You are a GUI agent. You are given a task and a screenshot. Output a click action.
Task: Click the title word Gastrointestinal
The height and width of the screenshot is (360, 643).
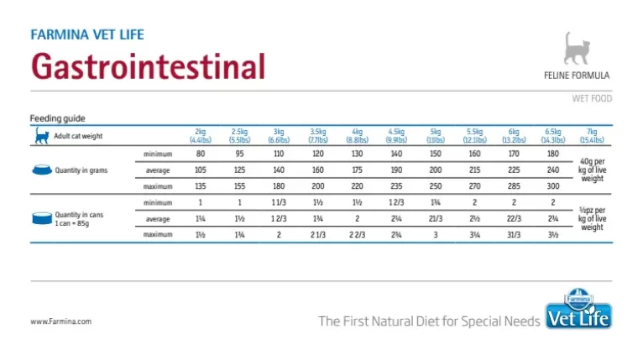(x=147, y=65)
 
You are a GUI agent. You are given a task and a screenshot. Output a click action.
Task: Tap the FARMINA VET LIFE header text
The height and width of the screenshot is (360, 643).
(x=86, y=35)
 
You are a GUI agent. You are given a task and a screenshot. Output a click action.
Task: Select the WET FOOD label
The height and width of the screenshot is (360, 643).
(x=592, y=99)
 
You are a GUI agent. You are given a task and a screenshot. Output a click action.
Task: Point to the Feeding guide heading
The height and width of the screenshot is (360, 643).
(x=57, y=118)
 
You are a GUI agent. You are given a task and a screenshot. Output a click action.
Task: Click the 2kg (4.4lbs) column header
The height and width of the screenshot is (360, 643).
(x=200, y=135)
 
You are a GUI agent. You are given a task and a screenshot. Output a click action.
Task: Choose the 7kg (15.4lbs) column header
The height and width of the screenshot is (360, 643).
(x=592, y=135)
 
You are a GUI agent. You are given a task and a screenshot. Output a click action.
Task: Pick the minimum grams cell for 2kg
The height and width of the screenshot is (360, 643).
(x=200, y=154)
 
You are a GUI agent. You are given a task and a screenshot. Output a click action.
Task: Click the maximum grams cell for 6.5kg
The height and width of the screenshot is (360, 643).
(x=553, y=186)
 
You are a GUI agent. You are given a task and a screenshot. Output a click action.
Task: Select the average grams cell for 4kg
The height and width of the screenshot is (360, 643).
(x=357, y=170)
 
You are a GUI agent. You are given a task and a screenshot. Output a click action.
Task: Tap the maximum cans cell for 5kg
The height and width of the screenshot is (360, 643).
(x=435, y=235)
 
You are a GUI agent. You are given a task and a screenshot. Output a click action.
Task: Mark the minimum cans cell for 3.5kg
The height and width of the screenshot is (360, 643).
(x=317, y=203)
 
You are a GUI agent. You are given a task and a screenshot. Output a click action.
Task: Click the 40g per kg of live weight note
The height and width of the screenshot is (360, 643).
(x=592, y=170)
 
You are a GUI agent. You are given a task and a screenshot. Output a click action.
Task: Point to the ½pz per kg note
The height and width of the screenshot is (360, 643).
(x=592, y=219)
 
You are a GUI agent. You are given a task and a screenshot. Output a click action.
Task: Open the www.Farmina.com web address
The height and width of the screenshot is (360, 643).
(x=60, y=321)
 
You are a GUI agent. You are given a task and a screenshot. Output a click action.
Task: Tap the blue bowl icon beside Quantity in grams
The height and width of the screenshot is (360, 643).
(x=40, y=170)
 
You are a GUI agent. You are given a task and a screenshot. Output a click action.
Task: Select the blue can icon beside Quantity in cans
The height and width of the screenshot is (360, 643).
(x=40, y=219)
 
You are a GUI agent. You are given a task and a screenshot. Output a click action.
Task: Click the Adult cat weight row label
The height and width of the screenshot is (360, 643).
(x=78, y=135)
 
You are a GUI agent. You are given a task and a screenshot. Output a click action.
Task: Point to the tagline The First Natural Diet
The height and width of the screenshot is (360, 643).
(x=428, y=321)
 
